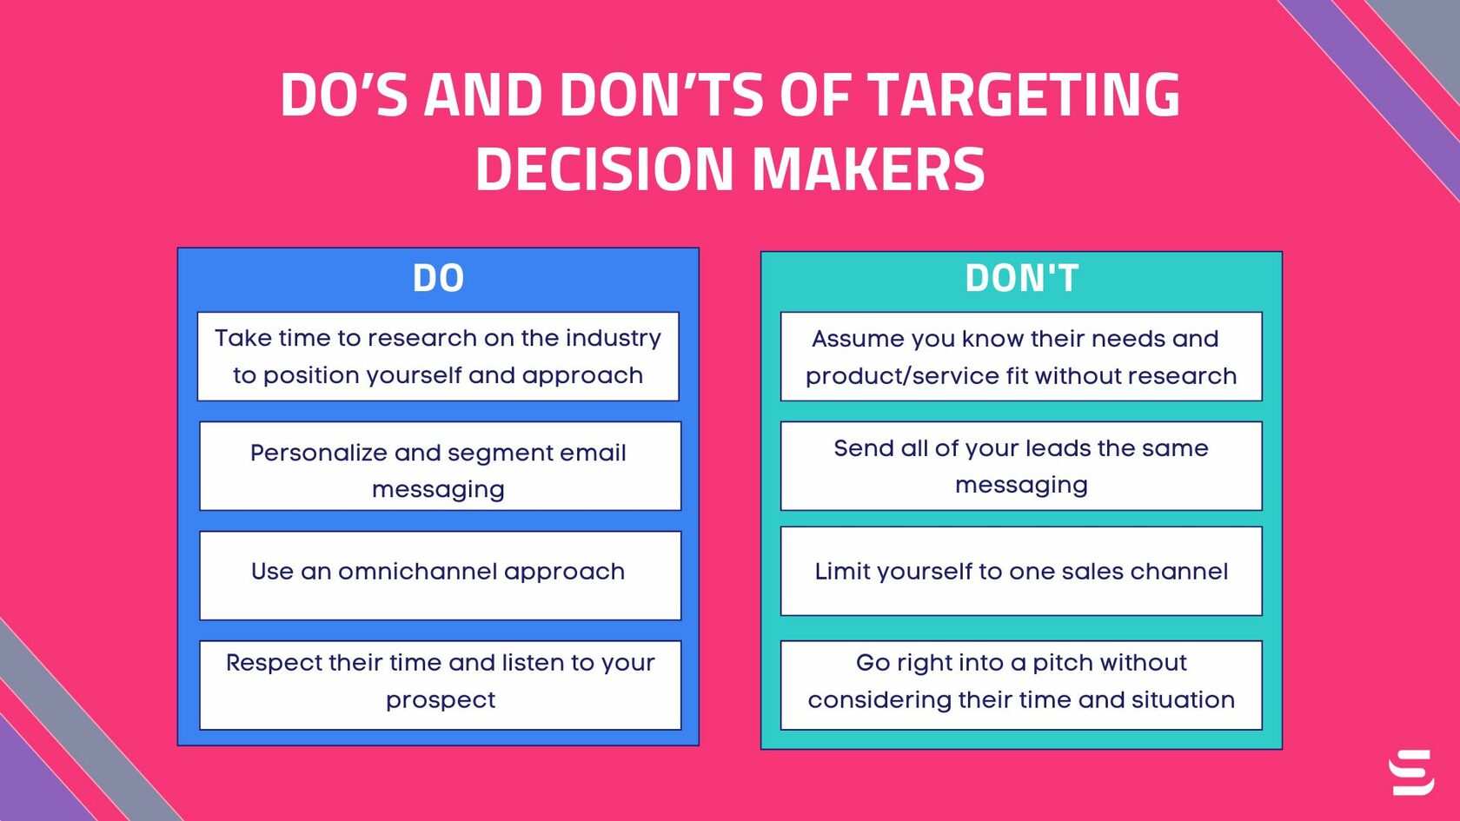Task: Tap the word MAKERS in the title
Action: point(868,169)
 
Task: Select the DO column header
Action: point(438,278)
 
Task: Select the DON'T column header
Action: point(1021,278)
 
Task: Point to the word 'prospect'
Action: point(440,700)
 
